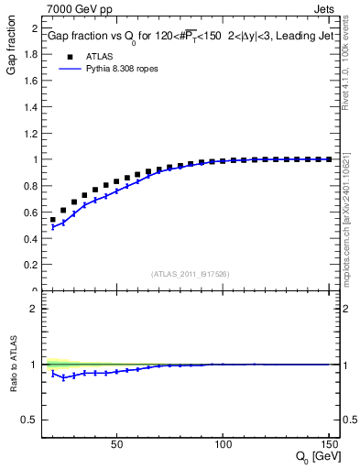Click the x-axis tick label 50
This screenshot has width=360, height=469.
tap(116, 444)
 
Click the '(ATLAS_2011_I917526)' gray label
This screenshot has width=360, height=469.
tap(191, 273)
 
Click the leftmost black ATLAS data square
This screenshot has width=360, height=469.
tap(53, 220)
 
